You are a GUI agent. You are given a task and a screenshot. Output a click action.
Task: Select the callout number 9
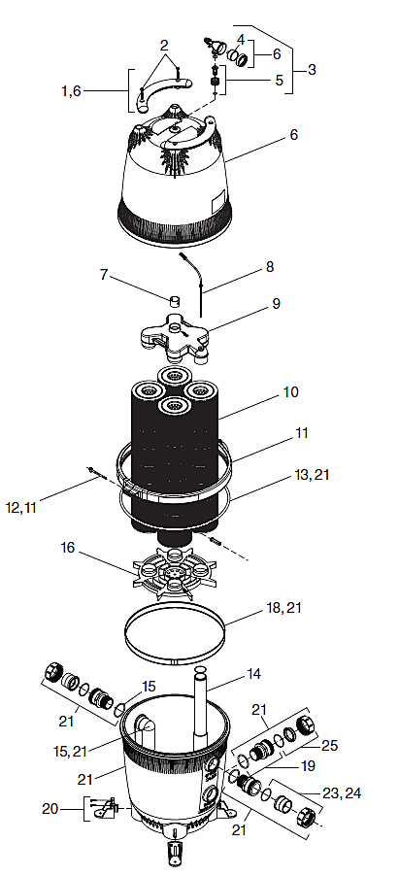click(276, 304)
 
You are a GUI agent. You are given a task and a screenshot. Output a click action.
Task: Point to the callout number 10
click(290, 391)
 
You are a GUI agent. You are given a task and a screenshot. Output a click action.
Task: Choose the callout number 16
click(69, 547)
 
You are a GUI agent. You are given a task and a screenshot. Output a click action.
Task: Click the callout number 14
click(253, 674)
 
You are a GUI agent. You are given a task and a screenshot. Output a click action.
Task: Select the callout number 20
click(50, 808)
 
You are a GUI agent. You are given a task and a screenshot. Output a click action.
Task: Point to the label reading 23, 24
click(342, 792)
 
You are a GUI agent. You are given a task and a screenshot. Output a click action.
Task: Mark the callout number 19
click(307, 765)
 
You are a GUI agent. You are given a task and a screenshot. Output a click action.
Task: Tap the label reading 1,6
click(71, 91)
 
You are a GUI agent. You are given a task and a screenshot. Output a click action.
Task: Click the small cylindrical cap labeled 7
click(176, 302)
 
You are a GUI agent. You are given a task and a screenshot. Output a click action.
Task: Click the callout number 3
click(312, 70)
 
